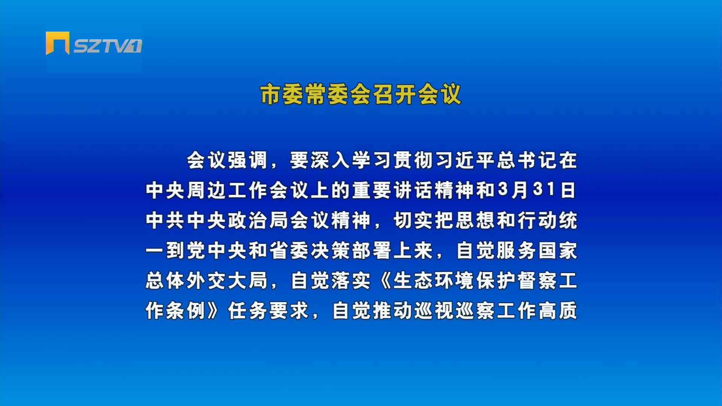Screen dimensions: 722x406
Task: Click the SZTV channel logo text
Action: tap(108, 46)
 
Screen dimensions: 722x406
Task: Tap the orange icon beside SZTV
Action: tap(58, 43)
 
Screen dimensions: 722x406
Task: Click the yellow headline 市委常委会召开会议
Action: tap(361, 94)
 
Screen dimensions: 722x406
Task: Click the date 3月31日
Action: tap(537, 190)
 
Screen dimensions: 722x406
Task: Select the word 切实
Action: tap(413, 220)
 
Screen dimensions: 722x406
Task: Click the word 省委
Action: tap(289, 250)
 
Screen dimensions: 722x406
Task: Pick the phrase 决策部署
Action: tap(351, 250)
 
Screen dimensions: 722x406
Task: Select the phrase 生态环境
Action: tap(434, 280)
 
